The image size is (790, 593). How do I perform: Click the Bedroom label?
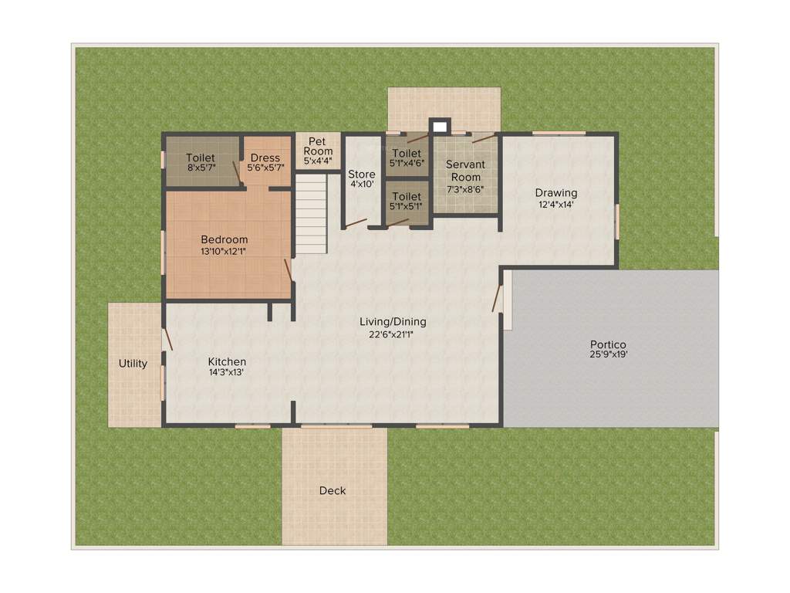225,239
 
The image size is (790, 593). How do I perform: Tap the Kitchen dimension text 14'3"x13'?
227,372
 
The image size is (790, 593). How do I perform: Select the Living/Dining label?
393,322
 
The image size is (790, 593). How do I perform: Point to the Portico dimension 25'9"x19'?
609,355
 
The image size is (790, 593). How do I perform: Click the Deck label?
333,491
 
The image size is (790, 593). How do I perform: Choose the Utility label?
133,364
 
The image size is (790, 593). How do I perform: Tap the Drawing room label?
556,193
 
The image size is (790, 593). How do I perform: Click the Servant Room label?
465,171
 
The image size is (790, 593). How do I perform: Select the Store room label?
361,174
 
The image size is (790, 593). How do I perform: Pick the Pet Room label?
318,146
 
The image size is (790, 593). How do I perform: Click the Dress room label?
265,158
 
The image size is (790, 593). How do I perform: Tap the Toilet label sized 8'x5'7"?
201,158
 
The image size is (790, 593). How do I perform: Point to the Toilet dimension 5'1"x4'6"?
407,163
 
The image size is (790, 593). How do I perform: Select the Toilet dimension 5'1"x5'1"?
407,207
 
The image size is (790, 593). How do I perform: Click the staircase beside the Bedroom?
312,214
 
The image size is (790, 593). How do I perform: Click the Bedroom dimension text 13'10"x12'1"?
224,252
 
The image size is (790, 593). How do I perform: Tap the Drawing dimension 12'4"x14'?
556,205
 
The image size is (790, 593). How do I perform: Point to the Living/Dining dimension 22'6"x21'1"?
393,334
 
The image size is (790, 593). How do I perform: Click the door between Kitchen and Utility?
167,339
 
